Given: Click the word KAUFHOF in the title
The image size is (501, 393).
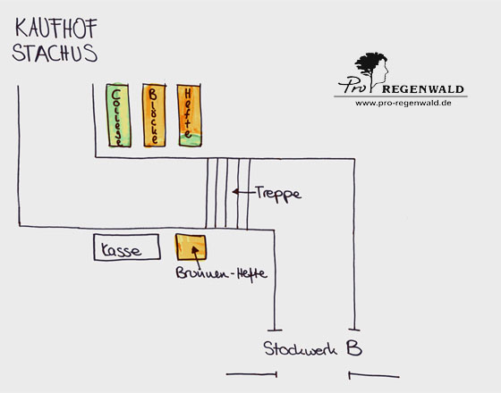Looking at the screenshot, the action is pyautogui.click(x=56, y=29).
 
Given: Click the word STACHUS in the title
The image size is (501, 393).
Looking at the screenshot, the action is pyautogui.click(x=55, y=53).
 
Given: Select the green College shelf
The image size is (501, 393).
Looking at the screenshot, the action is pyautogui.click(x=118, y=115).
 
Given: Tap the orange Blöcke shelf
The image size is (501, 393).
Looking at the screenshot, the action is pyautogui.click(x=154, y=115).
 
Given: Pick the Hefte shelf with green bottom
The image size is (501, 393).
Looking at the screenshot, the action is pyautogui.click(x=190, y=115).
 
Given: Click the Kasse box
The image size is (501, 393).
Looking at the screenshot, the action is pyautogui.click(x=127, y=247).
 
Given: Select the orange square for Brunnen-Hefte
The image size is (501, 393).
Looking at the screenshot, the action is pyautogui.click(x=191, y=247).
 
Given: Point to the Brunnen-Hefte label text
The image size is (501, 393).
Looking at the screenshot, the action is pyautogui.click(x=221, y=274).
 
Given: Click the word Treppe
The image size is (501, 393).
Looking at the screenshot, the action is pyautogui.click(x=278, y=193).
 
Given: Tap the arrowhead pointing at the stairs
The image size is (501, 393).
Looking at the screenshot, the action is pyautogui.click(x=235, y=192).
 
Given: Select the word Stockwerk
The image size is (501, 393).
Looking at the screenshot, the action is pyautogui.click(x=301, y=348).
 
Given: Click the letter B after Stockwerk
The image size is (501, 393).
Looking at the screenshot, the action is pyautogui.click(x=354, y=347).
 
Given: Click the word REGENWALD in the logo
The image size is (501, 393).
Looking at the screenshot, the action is pyautogui.click(x=422, y=89).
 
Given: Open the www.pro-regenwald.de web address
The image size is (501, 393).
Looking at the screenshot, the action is pyautogui.click(x=403, y=103).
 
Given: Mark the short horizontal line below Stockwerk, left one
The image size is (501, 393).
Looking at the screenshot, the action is pyautogui.click(x=251, y=374).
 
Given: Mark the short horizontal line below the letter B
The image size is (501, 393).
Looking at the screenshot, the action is pyautogui.click(x=374, y=375).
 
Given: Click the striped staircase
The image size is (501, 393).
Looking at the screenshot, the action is pyautogui.click(x=227, y=194).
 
